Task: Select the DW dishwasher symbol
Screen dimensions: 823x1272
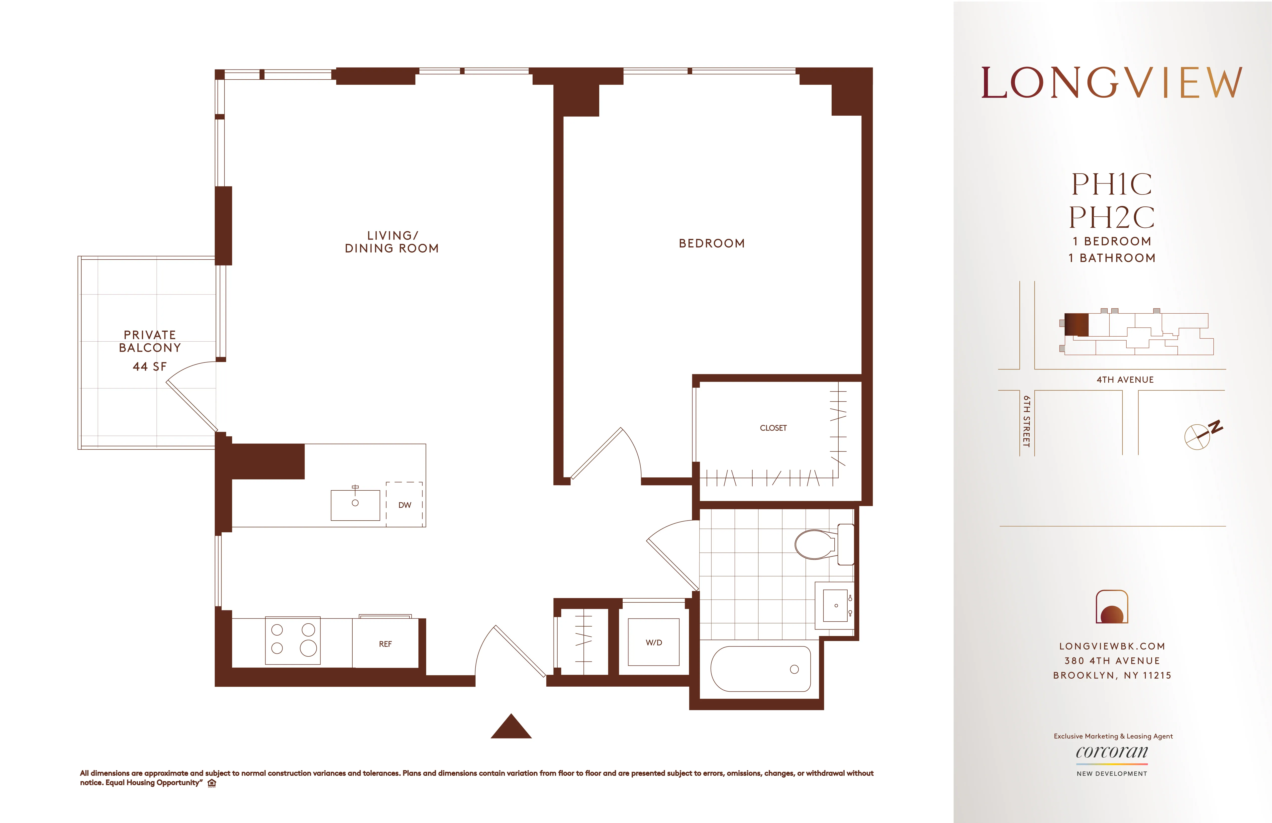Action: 404,504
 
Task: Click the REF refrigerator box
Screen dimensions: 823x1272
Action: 385,643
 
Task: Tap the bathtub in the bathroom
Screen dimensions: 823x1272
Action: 761,669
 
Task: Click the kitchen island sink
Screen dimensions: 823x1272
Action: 355,504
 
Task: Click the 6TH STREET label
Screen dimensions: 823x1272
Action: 1026,421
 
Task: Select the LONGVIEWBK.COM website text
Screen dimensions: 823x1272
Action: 1112,646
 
